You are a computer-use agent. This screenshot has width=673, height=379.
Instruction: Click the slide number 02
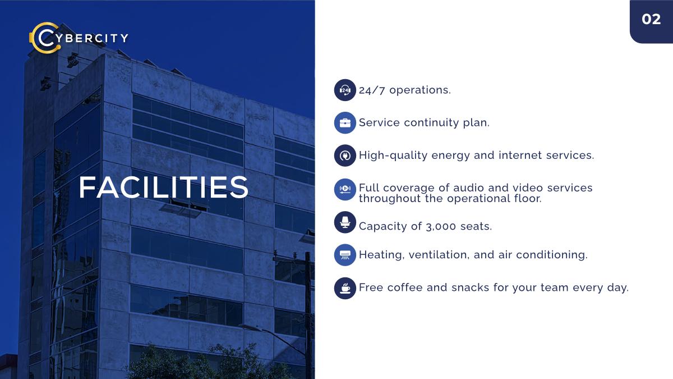[x=651, y=20]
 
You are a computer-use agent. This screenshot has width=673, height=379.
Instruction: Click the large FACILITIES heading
[x=163, y=187]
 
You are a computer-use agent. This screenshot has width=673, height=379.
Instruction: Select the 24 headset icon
[x=345, y=90]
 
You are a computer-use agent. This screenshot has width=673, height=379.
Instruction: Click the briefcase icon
[x=345, y=123]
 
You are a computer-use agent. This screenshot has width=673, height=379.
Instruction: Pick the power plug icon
[x=345, y=156]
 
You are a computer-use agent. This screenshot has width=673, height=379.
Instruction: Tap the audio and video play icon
[x=345, y=190]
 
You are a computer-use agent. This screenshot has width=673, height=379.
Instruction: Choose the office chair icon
[x=345, y=222]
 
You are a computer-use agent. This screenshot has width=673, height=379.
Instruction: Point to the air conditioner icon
[x=345, y=255]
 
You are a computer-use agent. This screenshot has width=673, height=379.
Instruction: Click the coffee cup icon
[x=345, y=288]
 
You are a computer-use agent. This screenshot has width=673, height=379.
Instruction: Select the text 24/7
[x=372, y=90]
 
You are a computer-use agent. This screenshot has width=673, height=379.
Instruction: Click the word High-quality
[x=393, y=156]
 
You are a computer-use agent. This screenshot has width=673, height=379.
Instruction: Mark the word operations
[x=420, y=90]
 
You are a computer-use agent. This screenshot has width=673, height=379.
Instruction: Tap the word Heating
[x=381, y=255]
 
